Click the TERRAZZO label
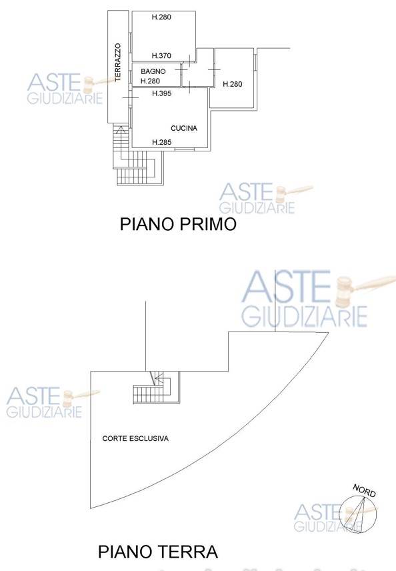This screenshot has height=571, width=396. click(x=117, y=63)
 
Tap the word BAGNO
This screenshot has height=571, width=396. click(x=153, y=71)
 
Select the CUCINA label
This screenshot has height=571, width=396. click(x=184, y=128)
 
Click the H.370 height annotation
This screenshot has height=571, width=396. click(x=161, y=56)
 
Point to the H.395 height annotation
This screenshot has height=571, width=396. click(x=161, y=93)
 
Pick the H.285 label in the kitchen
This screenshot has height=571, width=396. click(x=161, y=142)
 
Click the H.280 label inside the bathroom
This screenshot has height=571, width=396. click(x=150, y=81)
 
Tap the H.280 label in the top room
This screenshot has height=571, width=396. click(x=161, y=17)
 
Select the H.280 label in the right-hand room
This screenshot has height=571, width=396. click(x=233, y=84)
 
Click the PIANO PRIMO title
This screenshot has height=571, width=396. click(x=179, y=224)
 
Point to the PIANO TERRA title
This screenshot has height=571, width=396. click(x=158, y=552)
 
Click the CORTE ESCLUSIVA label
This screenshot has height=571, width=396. click(x=135, y=438)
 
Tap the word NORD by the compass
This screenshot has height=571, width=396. click(x=364, y=490)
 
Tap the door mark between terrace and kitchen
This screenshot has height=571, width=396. click(x=130, y=97)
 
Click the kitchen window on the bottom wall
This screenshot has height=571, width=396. click(x=184, y=149)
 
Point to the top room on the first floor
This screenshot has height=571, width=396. click(x=164, y=36)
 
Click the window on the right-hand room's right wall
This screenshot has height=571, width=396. click(x=255, y=62)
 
